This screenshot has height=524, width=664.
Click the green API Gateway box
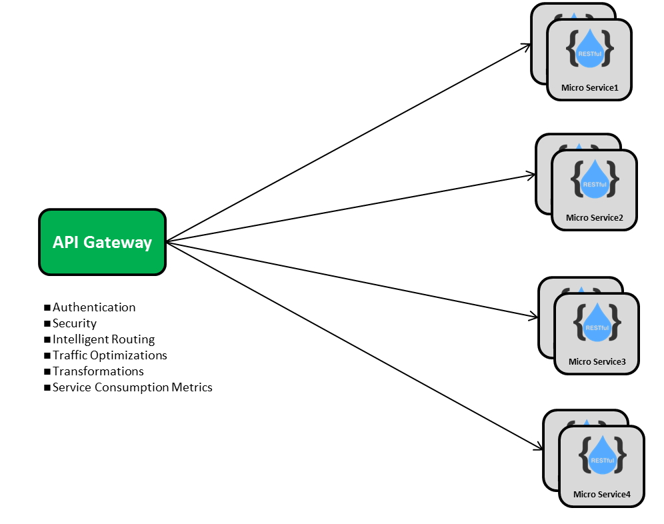point(102,242)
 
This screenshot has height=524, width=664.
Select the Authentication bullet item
point(94,307)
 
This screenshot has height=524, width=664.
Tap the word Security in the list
point(75,323)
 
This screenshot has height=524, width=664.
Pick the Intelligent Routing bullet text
point(103,339)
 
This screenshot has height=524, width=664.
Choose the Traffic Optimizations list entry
point(110,355)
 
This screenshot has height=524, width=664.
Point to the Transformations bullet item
point(98,371)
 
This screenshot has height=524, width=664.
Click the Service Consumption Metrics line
point(132,387)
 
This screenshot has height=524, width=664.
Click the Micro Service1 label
point(589,87)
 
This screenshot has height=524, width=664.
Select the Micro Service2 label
point(594,217)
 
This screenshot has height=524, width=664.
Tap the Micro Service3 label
point(597,361)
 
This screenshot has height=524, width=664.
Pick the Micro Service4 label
point(601,494)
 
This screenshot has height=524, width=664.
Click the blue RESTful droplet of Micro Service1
point(589,49)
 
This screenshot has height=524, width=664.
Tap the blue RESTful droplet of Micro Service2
point(594,180)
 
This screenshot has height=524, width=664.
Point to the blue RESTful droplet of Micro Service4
point(602,456)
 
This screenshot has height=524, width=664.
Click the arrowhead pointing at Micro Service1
point(529,46)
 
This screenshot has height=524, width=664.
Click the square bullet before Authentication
point(47,307)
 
